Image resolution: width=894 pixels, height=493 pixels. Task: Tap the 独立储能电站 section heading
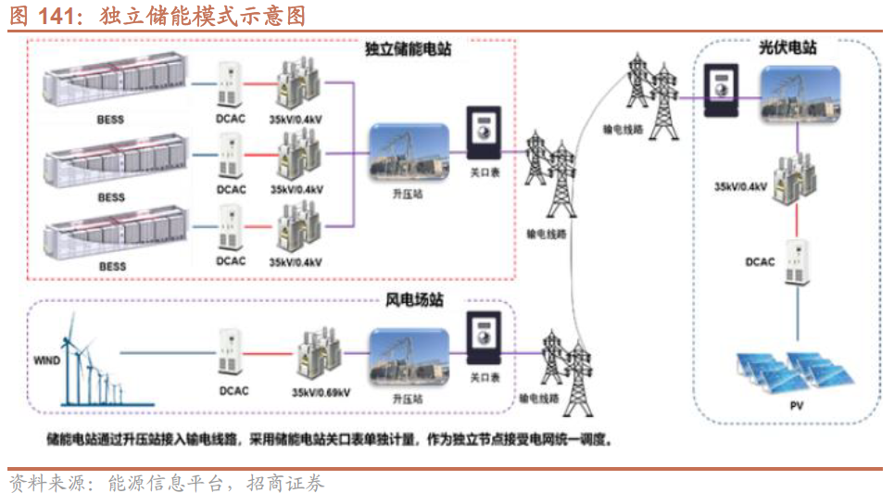409,49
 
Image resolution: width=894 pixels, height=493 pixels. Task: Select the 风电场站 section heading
414,300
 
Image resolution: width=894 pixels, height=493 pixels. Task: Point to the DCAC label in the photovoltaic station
760,262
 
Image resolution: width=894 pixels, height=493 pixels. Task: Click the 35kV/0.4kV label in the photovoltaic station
740,186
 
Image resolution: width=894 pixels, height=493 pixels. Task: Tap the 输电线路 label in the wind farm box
538,398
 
